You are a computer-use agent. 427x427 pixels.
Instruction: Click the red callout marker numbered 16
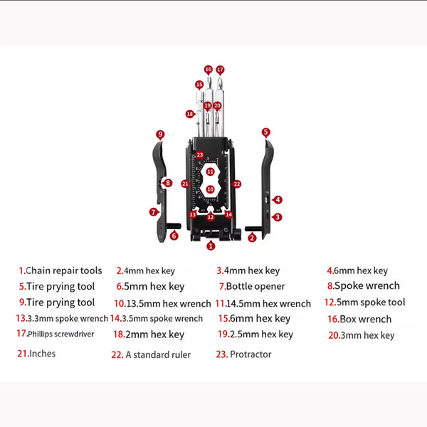tap(209, 70)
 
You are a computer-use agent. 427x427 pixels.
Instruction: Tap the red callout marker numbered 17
tap(221, 70)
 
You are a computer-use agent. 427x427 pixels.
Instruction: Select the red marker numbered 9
tap(160, 134)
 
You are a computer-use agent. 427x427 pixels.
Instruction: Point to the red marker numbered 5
tap(265, 132)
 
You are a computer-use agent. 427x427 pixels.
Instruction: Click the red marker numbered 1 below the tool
tap(211, 246)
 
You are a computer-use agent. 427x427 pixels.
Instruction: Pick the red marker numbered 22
tap(237, 184)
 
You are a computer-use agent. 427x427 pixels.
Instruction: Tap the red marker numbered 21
tap(185, 184)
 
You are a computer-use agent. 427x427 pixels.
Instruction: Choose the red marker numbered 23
tap(200, 154)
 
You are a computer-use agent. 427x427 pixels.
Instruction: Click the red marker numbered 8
tap(168, 183)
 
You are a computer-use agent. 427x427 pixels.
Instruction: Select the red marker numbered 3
tap(278, 217)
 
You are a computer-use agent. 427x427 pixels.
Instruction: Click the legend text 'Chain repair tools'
tap(63, 270)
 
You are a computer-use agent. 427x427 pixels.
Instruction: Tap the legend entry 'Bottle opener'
tap(255, 287)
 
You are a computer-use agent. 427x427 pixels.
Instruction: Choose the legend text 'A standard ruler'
tap(157, 354)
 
